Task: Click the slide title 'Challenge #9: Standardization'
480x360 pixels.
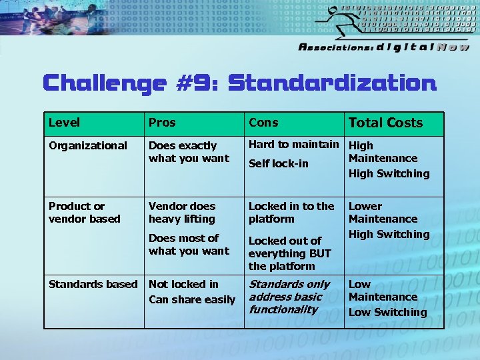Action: pos(239,83)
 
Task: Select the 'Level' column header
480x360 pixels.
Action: pos(64,123)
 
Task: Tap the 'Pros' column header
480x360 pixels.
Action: pos(162,123)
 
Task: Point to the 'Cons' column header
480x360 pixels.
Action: pos(263,123)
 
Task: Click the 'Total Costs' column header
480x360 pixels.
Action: pos(385,123)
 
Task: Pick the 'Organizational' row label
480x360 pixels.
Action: pos(88,145)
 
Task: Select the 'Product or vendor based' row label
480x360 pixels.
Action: pos(85,213)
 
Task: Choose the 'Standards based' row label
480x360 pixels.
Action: pos(93,284)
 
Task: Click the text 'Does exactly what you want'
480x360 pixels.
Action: pos(188,151)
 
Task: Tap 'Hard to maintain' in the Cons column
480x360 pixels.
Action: pos(293,144)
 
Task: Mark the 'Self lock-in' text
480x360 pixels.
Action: pos(278,163)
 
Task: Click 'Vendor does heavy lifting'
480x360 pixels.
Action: pos(182,213)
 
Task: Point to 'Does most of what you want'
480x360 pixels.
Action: pos(188,245)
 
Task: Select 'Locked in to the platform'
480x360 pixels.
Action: pos(291,213)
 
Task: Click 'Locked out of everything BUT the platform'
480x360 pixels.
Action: pos(289,253)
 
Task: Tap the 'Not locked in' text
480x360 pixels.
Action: pos(183,284)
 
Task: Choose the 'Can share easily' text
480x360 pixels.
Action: pos(191,300)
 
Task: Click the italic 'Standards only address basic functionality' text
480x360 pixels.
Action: pos(289,297)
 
